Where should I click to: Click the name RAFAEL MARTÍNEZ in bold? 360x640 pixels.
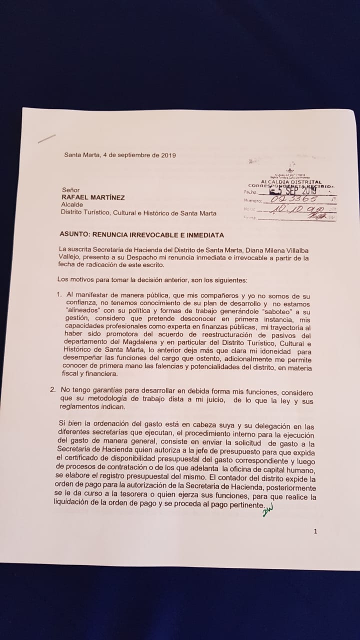tap(92, 197)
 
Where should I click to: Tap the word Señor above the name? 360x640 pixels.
tap(71, 190)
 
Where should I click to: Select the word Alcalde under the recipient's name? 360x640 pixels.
tap(71, 205)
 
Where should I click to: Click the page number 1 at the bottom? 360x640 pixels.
tap(315, 531)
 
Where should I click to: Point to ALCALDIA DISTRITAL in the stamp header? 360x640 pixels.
tap(291, 182)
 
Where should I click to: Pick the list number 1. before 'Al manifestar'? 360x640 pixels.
tap(58, 295)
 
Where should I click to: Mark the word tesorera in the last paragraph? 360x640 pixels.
tap(116, 497)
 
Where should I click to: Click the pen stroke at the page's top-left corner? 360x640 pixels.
tap(46, 138)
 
